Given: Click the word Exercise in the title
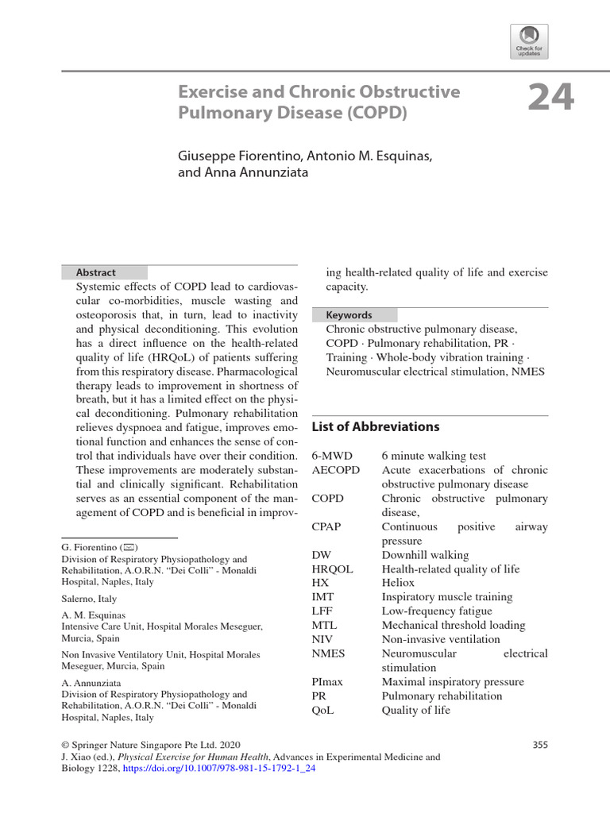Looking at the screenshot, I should tap(210, 91).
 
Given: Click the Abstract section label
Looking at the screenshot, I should tap(96, 272).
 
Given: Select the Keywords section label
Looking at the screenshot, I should tap(349, 314).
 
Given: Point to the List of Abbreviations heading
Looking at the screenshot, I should tap(375, 426).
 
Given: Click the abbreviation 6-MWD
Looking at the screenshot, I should tap(333, 456).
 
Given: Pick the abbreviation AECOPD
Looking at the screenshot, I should tap(336, 470).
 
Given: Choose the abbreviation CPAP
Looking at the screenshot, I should tap(329, 527).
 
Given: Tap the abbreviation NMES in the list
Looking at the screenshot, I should tap(330, 653).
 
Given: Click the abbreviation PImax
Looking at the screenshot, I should tap(330, 682).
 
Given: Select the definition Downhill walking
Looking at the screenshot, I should tap(425, 555).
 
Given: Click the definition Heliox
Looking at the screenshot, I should tap(399, 583).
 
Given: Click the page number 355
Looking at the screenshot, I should tap(539, 745).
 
